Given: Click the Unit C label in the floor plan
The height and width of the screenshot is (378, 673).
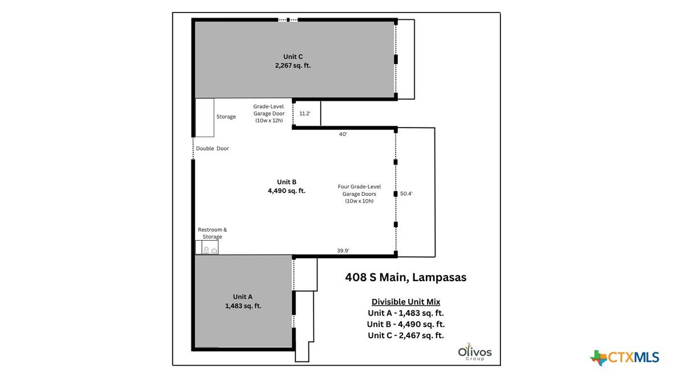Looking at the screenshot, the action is [x=293, y=56].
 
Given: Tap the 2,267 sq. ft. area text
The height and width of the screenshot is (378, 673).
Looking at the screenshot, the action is [x=293, y=65].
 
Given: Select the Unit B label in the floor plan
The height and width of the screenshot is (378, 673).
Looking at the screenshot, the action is [x=286, y=182].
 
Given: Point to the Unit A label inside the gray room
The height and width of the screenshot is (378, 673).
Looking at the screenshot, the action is [x=243, y=297].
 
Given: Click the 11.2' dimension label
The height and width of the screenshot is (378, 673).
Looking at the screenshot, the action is [x=305, y=114].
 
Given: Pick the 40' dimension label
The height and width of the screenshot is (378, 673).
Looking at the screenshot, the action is [x=343, y=134].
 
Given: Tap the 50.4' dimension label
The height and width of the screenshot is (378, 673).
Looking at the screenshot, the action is [x=406, y=194].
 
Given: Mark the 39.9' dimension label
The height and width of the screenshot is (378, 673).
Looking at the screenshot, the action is [x=343, y=250].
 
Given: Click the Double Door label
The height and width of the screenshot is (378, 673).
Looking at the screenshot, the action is [x=212, y=149].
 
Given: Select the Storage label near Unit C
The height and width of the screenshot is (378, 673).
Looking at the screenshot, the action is [x=226, y=117].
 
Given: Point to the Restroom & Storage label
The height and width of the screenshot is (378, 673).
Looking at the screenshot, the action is [x=212, y=233].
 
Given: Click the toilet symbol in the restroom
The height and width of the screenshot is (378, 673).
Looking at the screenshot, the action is [x=206, y=250].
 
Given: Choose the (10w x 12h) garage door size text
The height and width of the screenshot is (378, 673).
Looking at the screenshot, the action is [x=269, y=121].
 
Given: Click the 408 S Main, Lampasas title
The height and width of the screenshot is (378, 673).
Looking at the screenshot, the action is [x=405, y=277].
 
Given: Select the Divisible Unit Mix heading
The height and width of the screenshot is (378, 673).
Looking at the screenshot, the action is [x=405, y=302].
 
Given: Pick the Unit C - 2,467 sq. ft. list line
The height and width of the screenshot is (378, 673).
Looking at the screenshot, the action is [x=405, y=335].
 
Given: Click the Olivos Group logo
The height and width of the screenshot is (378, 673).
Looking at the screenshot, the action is [x=475, y=351].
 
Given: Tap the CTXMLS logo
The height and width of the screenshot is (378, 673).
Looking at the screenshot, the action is [x=625, y=358].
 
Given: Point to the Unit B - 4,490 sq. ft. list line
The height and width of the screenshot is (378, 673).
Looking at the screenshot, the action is [x=405, y=324].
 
